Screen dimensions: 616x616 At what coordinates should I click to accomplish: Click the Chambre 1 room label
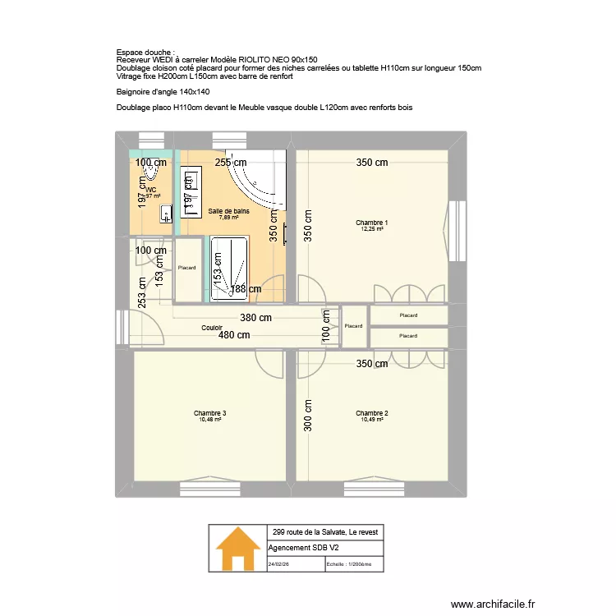click(x=371, y=223)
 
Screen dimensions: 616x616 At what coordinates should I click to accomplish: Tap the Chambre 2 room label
click(x=371, y=413)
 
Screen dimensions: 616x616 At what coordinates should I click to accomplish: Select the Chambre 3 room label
click(x=210, y=413)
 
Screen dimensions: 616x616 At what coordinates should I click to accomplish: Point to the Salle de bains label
click(x=228, y=212)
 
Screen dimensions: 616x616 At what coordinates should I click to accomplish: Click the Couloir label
click(x=213, y=328)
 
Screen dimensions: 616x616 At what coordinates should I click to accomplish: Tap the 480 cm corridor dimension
click(x=233, y=335)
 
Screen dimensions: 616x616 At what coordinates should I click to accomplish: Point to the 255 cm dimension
click(x=231, y=163)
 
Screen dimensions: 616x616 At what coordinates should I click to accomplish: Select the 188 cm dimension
click(x=246, y=289)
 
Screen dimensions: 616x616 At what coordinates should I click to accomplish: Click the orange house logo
click(x=237, y=549)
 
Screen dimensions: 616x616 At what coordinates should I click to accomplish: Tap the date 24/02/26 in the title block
click(x=279, y=564)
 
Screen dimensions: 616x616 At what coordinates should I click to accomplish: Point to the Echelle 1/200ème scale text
click(x=349, y=564)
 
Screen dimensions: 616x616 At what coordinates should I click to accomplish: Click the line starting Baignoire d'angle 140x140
click(x=157, y=92)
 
